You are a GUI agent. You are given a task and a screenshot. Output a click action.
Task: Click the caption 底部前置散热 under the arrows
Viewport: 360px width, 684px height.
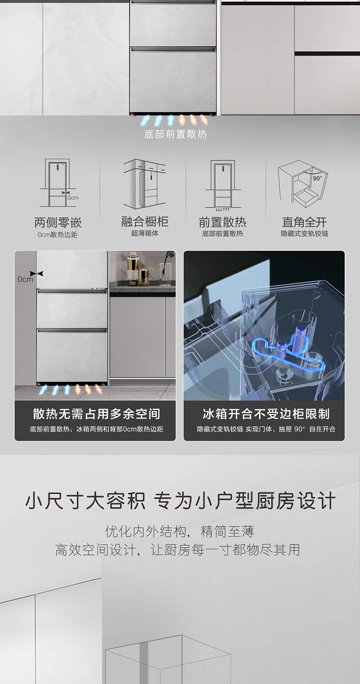point(175,135)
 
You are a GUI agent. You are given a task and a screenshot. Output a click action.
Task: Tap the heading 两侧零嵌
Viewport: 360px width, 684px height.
point(58,223)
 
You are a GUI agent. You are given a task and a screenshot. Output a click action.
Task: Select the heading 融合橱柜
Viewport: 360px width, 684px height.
point(145,222)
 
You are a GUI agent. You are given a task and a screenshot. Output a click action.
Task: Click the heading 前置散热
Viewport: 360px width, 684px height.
point(222,223)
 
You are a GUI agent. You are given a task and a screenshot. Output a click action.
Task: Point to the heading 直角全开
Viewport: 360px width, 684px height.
point(304,223)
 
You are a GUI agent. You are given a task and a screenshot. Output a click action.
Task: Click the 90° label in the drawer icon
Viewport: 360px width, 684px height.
point(317,178)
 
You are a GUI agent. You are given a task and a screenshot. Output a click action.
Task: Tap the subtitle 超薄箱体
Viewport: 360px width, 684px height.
point(145,233)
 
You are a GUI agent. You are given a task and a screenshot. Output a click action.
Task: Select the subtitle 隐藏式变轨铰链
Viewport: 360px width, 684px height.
point(304,233)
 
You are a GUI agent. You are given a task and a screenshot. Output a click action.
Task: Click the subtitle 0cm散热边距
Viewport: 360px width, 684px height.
point(58,234)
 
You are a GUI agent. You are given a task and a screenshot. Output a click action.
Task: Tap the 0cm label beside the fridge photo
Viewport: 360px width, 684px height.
point(26,279)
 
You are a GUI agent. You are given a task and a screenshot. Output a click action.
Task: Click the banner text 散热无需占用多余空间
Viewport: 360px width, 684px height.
point(96,414)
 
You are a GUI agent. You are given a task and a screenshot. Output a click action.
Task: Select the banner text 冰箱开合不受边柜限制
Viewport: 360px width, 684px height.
point(266,414)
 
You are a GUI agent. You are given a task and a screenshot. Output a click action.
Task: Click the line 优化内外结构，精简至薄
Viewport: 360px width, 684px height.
point(180,531)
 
